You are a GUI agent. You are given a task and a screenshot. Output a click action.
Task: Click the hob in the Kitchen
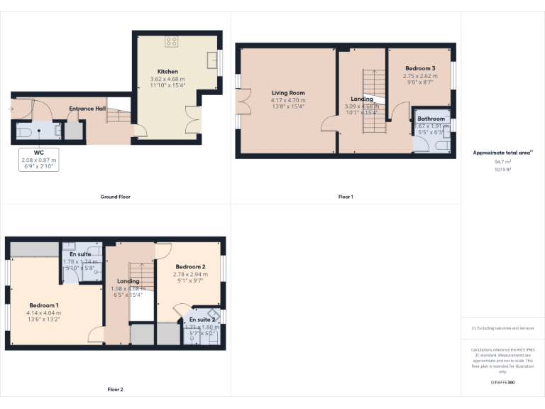[x=171, y=41]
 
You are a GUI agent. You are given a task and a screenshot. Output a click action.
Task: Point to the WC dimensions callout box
[x=38, y=160]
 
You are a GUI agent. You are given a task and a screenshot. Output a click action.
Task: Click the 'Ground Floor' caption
[x=115, y=197]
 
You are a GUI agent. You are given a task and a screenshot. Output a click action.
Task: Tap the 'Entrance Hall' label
[x=87, y=109]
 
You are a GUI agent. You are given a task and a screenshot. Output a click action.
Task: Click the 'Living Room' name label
[x=287, y=93]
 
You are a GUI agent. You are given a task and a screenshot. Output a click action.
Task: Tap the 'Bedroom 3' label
[x=419, y=68]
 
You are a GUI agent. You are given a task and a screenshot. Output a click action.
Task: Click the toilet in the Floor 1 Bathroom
[x=441, y=144]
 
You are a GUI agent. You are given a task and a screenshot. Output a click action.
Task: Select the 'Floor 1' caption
[x=346, y=197]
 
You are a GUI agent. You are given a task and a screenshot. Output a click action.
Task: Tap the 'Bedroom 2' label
[x=190, y=266]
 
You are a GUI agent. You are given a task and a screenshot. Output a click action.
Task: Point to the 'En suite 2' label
[x=202, y=320]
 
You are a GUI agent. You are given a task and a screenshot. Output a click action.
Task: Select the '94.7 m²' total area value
[x=502, y=162]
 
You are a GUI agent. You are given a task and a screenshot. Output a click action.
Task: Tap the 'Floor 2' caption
[x=115, y=390]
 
